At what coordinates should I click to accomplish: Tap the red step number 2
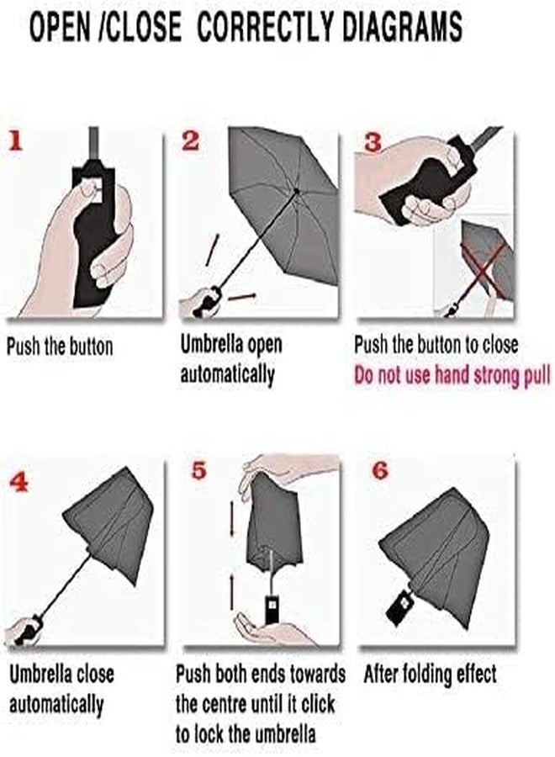point(190,140)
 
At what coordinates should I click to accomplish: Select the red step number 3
point(373,142)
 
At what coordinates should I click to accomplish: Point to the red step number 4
point(18,481)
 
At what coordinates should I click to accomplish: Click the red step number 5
point(198,469)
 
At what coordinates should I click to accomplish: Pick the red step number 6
point(380,469)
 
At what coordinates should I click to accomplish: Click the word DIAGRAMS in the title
point(403,27)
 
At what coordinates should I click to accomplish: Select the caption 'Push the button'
point(60,347)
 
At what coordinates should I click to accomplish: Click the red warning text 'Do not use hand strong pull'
point(452,375)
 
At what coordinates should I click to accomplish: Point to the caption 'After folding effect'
point(430,674)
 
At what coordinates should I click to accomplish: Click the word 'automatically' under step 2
point(227,374)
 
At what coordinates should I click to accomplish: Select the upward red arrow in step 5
point(232,591)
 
